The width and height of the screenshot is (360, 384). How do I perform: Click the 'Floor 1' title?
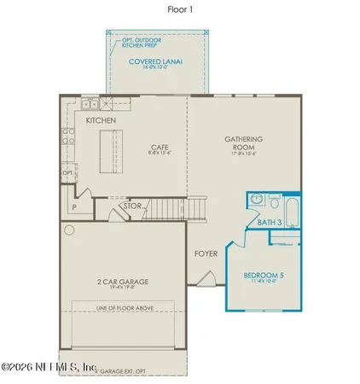(180, 10)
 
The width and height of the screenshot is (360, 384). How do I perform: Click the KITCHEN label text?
(102, 121)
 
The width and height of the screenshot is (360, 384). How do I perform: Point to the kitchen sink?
(89, 107)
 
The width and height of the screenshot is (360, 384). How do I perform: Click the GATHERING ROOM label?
(243, 143)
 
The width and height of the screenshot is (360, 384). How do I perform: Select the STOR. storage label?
(133, 205)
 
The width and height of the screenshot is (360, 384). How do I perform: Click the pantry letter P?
(73, 206)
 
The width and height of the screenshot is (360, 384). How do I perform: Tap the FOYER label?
(206, 253)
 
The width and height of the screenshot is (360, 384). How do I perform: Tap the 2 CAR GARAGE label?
(124, 282)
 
